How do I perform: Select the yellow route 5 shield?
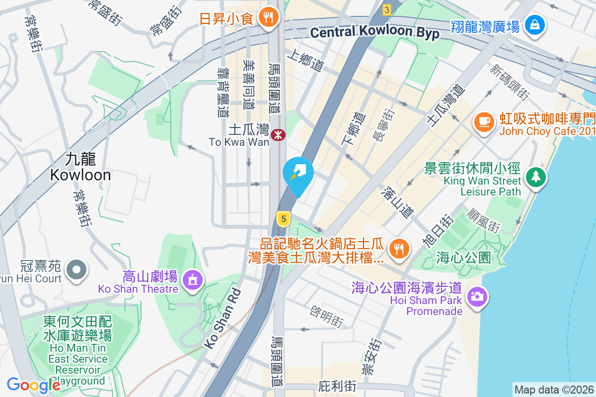[283, 218]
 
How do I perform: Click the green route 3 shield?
[387, 9]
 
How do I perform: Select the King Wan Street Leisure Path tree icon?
[535, 177]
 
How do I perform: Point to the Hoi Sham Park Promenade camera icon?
[476, 296]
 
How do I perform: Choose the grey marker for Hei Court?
[76, 270]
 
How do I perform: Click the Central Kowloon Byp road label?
[375, 32]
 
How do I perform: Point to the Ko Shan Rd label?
[223, 319]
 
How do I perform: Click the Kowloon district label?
[80, 167]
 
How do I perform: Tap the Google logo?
[33, 385]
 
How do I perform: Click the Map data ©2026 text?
[553, 390]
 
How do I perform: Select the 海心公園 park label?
[464, 258]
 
